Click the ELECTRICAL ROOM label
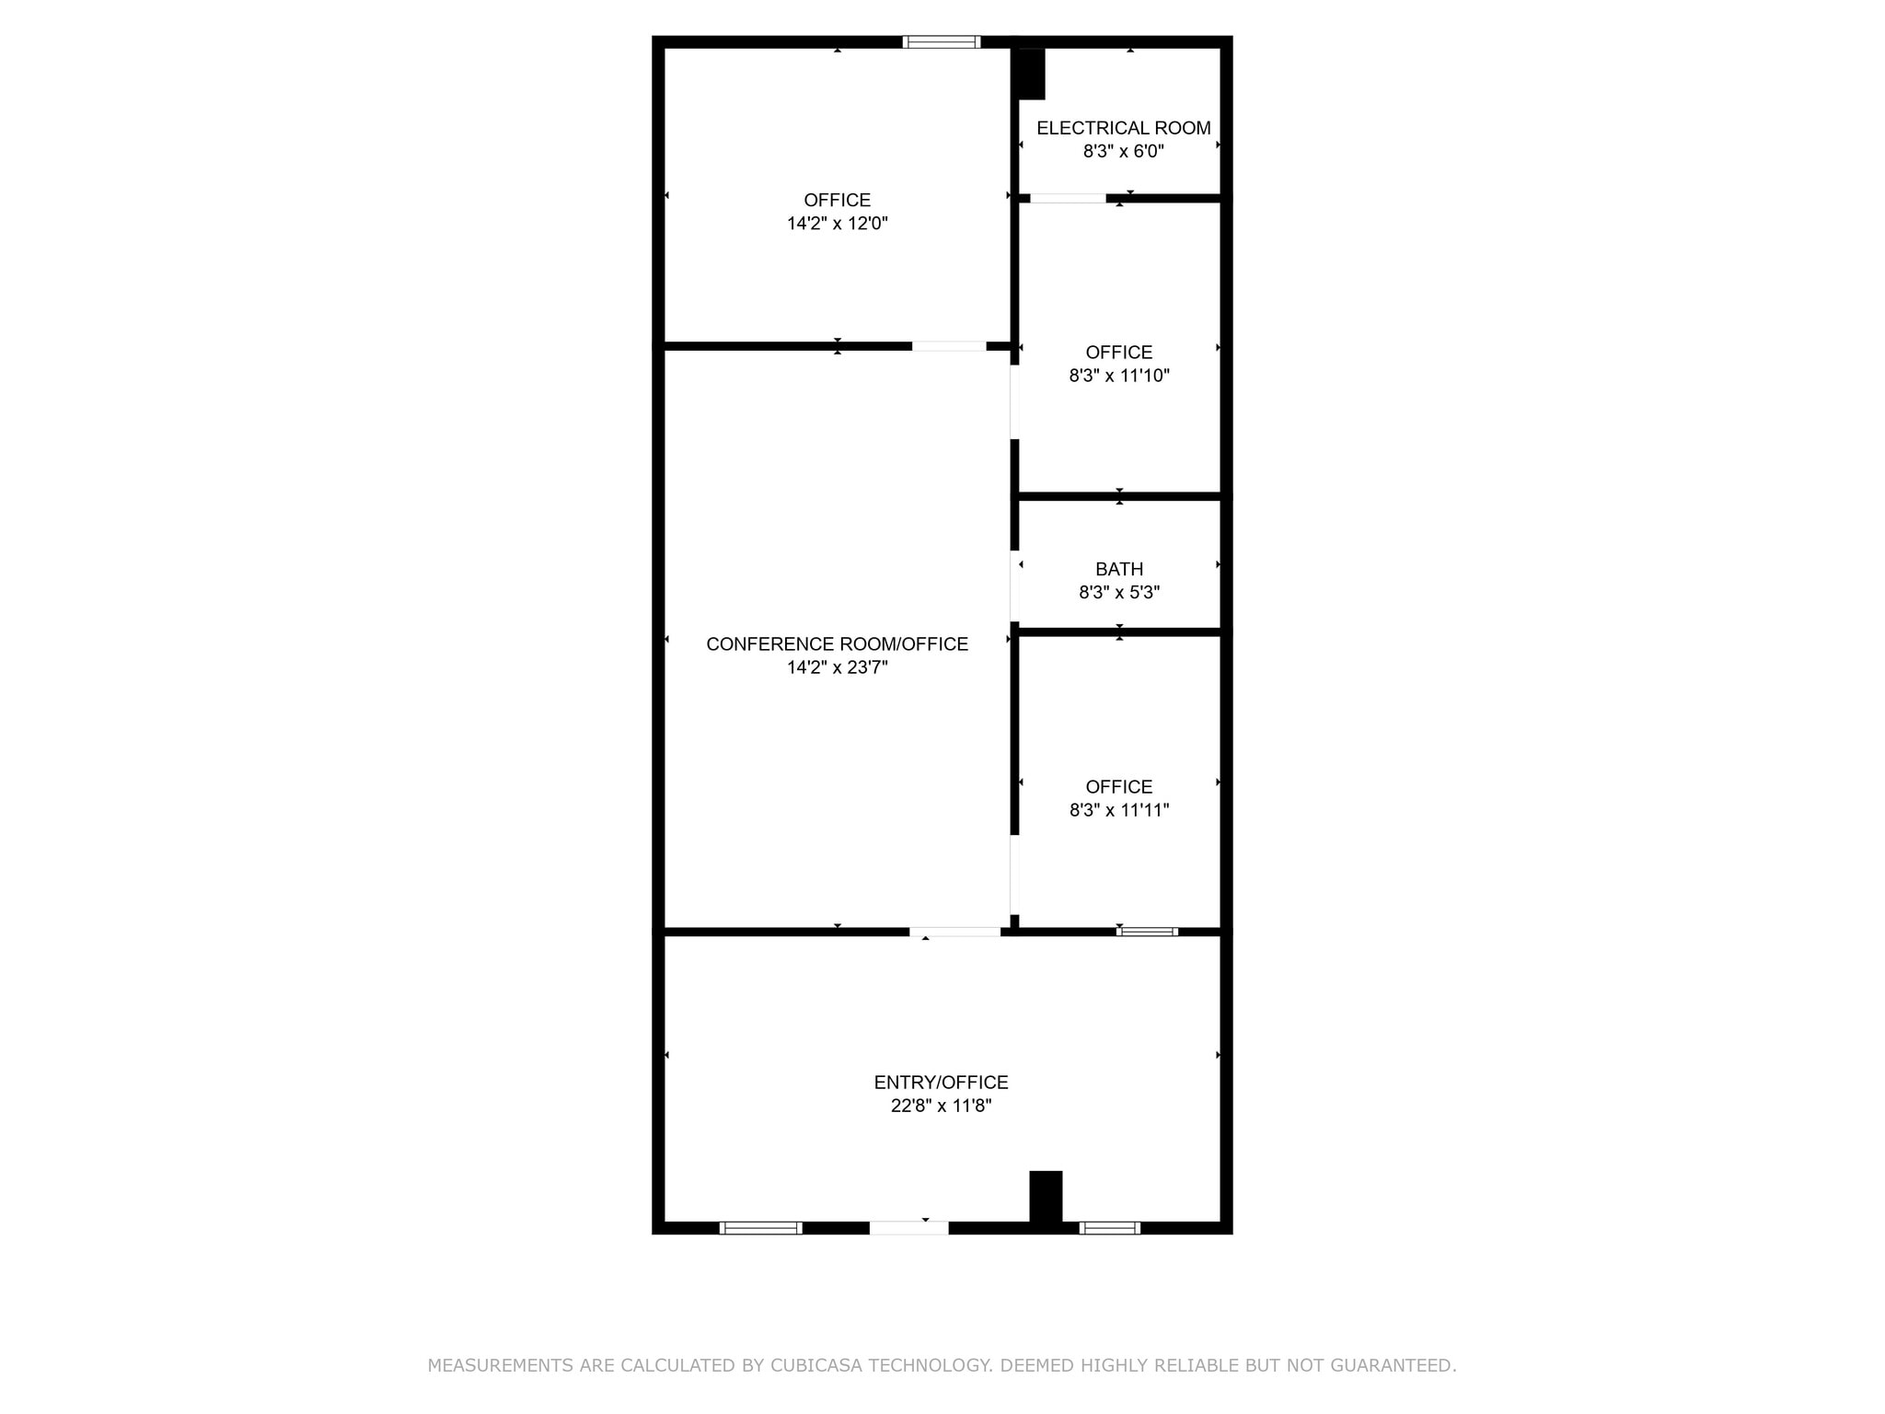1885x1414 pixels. pos(1123,128)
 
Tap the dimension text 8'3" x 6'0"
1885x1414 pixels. pos(1123,151)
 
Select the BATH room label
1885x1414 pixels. pos(1118,569)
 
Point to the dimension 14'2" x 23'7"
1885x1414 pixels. pos(837,667)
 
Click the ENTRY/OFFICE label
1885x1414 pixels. pos(941,1083)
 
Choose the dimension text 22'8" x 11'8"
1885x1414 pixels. pos(941,1106)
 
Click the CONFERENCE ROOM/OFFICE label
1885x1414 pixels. pos(837,644)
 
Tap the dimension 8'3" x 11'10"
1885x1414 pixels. pos(1118,376)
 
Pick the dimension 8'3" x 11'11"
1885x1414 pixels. pos(1118,810)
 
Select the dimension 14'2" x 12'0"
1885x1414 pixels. pos(837,223)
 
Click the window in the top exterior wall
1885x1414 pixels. pos(941,41)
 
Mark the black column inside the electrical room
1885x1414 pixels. pos(1031,74)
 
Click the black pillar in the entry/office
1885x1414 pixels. pos(1046,1197)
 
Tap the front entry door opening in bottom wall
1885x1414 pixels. pos(908,1227)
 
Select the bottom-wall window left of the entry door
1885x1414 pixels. pos(760,1227)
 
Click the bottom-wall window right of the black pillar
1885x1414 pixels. pos(1109,1227)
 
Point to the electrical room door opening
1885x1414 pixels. pos(1068,198)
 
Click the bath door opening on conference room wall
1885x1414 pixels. pos(1014,586)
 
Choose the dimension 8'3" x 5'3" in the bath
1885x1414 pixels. pos(1118,592)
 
